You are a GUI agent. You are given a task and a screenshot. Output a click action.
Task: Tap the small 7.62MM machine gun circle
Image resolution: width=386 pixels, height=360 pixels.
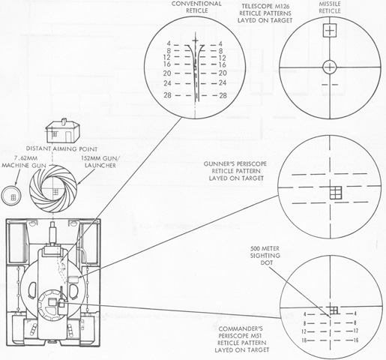coord(11,195)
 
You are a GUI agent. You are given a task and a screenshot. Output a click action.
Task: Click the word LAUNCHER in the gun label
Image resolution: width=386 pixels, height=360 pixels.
coord(100,166)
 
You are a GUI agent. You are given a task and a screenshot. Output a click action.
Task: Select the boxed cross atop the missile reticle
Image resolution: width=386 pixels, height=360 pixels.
coord(330,31)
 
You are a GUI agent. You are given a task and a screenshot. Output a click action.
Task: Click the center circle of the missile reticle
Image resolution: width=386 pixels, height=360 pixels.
coord(330,67)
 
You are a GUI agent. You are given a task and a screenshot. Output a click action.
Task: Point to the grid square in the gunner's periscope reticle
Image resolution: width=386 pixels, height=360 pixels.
coord(336,193)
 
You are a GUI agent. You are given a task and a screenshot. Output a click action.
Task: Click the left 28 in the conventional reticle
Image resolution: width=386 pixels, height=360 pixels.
coord(168,95)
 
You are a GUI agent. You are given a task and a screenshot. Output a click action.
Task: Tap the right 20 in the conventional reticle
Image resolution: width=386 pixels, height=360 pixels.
coord(223,73)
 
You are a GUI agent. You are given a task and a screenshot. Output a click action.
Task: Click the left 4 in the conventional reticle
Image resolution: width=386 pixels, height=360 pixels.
coord(169,44)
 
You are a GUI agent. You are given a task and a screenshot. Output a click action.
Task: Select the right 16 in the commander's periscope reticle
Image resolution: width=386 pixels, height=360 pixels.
coord(356,340)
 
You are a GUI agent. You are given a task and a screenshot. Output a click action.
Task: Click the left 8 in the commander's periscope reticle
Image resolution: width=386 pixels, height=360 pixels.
coord(304,323)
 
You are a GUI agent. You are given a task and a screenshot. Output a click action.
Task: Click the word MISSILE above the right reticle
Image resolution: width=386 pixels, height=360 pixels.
coord(330,4)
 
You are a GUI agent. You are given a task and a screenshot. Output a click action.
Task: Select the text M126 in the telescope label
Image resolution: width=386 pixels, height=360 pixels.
coord(283,6)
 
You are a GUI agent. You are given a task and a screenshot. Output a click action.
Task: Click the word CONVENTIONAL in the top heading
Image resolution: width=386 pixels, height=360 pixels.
coord(196,4)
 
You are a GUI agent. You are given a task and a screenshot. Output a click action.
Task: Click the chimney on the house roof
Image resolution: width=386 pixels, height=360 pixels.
coord(64,121)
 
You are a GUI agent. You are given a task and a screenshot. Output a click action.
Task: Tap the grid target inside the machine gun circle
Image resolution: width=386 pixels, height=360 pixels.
coord(13,197)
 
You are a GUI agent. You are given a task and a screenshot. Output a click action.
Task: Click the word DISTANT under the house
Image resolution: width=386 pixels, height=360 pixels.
coord(39,149)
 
